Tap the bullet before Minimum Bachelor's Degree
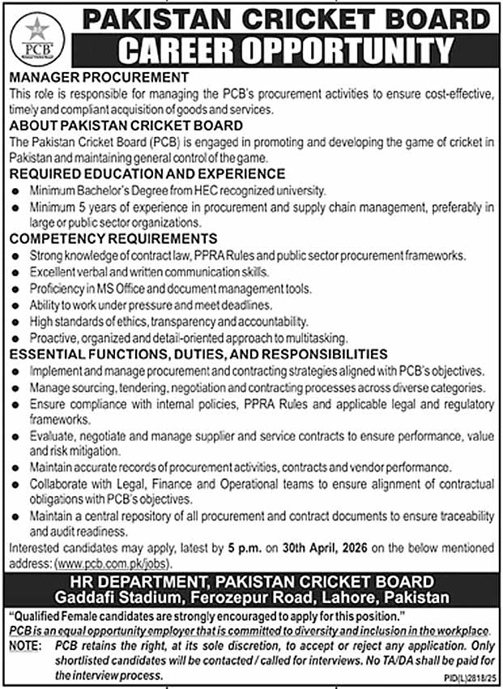(18, 191)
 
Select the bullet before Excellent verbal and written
(18, 272)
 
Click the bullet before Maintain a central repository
(18, 516)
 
